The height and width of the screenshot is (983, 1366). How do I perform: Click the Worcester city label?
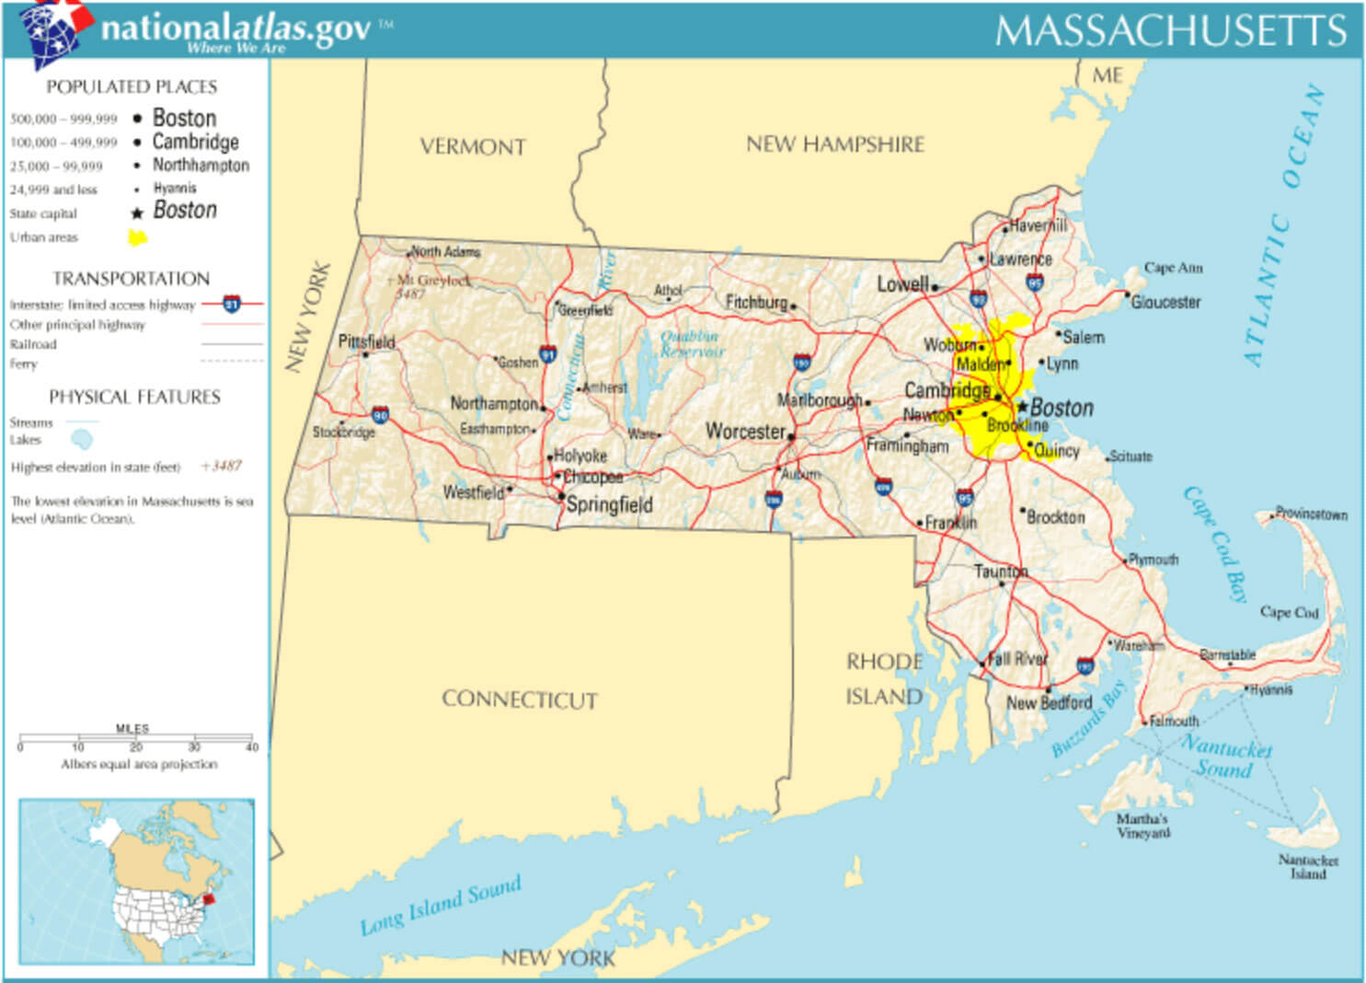745,431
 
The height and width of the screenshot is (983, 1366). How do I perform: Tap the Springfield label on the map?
609,504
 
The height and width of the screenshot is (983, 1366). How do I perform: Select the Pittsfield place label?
366,341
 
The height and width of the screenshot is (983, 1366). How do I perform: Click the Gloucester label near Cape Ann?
1165,302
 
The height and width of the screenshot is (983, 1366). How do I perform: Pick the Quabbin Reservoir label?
692,343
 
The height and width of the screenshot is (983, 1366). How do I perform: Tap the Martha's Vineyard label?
1142,826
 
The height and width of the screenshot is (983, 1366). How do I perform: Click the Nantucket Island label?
1307,866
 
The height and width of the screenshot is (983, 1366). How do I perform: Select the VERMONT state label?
473,147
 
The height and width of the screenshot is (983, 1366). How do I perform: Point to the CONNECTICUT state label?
520,700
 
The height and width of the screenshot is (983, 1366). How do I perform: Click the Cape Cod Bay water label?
1214,543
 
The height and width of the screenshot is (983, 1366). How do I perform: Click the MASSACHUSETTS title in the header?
1171,31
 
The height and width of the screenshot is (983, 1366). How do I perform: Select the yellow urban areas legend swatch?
137,237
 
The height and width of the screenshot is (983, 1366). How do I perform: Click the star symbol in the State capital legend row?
137,214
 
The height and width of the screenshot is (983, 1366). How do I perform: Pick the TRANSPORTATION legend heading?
132,279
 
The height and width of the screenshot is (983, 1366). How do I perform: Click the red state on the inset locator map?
209,898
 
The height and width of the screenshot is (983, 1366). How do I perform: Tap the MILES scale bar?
136,737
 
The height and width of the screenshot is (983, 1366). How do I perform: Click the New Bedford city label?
1049,703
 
